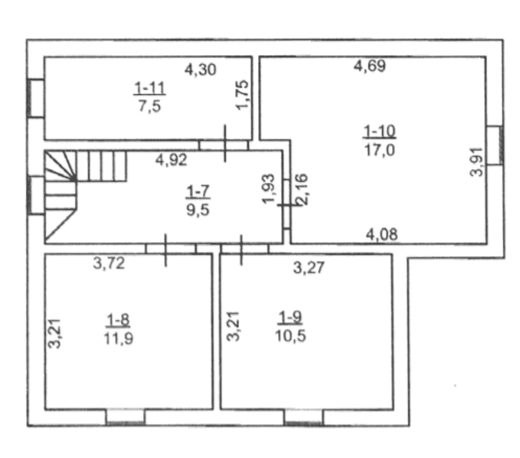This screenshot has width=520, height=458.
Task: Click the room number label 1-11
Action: [150, 88]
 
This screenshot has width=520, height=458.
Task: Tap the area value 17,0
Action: [380, 150]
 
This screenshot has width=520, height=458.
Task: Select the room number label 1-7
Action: [198, 192]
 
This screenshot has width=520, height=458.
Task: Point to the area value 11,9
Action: [119, 338]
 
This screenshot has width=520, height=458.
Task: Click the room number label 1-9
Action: [290, 318]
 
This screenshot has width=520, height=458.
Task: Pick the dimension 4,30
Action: [200, 70]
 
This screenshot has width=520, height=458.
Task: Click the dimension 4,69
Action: [370, 66]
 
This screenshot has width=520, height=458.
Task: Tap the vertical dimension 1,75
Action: [242, 95]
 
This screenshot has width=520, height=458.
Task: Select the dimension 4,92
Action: [171, 160]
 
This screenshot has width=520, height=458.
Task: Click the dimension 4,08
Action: [382, 234]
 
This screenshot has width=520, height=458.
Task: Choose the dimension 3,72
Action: [109, 264]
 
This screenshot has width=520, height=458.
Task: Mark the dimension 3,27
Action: [309, 267]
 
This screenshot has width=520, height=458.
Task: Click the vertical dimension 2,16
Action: [302, 189]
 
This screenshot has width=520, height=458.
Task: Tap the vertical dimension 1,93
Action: [268, 189]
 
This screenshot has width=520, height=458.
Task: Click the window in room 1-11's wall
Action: [35, 98]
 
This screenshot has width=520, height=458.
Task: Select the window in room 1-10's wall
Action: [495, 145]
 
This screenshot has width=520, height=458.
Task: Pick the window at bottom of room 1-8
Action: [125, 417]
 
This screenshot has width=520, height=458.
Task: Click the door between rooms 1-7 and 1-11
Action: [225, 145]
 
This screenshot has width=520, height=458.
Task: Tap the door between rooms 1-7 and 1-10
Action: [287, 204]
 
